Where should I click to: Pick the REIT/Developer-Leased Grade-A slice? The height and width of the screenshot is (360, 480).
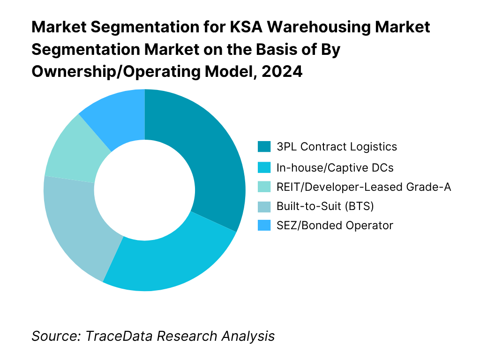pos(70,150)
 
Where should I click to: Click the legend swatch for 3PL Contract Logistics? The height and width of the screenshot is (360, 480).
pos(264,147)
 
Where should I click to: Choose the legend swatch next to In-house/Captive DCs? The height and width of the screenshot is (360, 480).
pos(264,167)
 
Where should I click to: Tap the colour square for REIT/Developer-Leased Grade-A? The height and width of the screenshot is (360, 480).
pos(264,187)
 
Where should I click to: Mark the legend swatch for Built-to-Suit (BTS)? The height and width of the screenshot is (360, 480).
pos(264,206)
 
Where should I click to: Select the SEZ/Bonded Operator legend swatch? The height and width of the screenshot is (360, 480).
pos(264,225)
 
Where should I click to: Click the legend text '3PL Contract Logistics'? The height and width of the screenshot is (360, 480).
pos(337,147)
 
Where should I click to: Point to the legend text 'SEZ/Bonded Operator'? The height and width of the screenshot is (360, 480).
pos(335,225)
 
